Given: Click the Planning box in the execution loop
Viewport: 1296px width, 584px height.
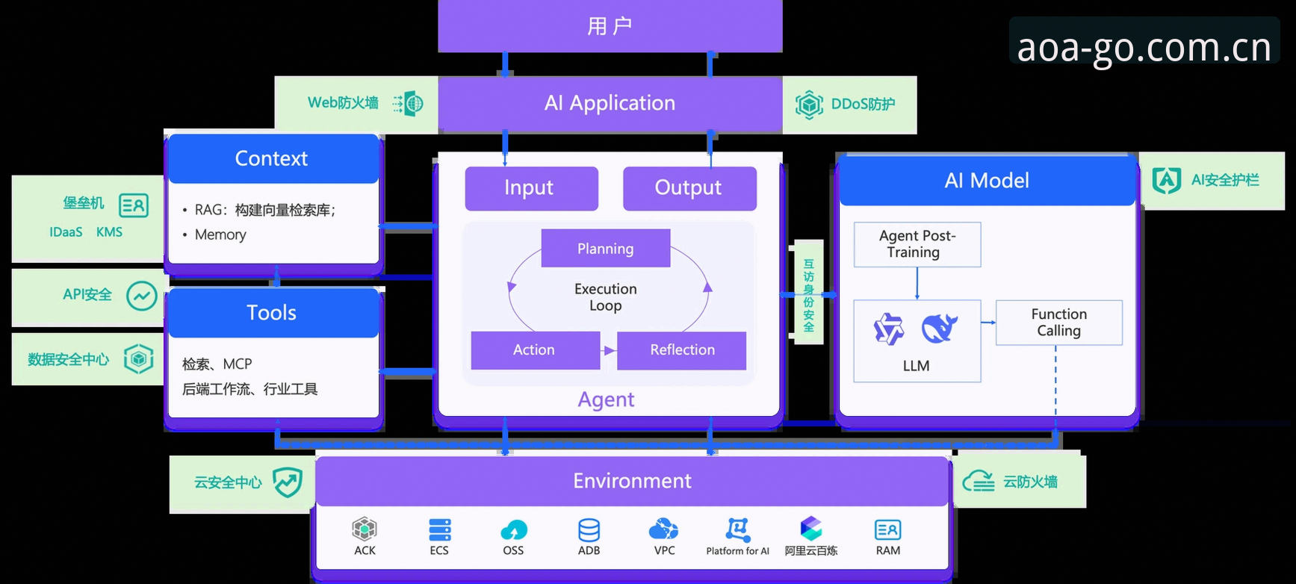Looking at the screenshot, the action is pyautogui.click(x=606, y=248).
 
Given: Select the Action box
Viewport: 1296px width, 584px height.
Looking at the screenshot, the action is pyautogui.click(x=535, y=350).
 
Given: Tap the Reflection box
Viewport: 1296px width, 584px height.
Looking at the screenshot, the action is pyautogui.click(x=682, y=350).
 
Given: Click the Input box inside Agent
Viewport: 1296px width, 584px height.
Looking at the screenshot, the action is pyautogui.click(x=532, y=188).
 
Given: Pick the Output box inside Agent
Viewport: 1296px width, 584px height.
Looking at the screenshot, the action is pyautogui.click(x=689, y=188).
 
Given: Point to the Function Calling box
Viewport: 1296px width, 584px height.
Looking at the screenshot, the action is pyautogui.click(x=1059, y=323).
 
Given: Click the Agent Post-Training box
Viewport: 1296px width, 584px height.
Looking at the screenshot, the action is pyautogui.click(x=917, y=244).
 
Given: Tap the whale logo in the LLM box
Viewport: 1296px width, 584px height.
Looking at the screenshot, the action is pyautogui.click(x=939, y=328).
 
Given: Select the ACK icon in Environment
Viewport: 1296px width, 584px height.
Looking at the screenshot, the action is pyautogui.click(x=365, y=529).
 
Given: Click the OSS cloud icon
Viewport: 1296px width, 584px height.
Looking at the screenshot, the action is pyautogui.click(x=513, y=530).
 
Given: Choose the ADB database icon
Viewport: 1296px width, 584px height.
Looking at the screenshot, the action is pyautogui.click(x=589, y=530).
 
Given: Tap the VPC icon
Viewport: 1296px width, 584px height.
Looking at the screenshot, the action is pyautogui.click(x=663, y=529).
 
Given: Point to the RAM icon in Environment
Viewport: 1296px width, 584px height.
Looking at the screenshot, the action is pyautogui.click(x=888, y=530).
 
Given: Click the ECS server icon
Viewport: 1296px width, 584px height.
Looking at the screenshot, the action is pyautogui.click(x=440, y=530).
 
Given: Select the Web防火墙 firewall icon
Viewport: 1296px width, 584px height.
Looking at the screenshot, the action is pyautogui.click(x=409, y=104).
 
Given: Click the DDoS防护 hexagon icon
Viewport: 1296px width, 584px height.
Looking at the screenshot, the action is pyautogui.click(x=809, y=105).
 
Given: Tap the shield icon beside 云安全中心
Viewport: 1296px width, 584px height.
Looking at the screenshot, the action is pyautogui.click(x=288, y=482).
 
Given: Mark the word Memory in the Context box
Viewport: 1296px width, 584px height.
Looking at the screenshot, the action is pyautogui.click(x=220, y=234).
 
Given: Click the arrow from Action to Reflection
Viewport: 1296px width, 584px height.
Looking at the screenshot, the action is pyautogui.click(x=609, y=350).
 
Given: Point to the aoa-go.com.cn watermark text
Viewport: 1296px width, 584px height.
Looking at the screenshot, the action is pyautogui.click(x=1144, y=47).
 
